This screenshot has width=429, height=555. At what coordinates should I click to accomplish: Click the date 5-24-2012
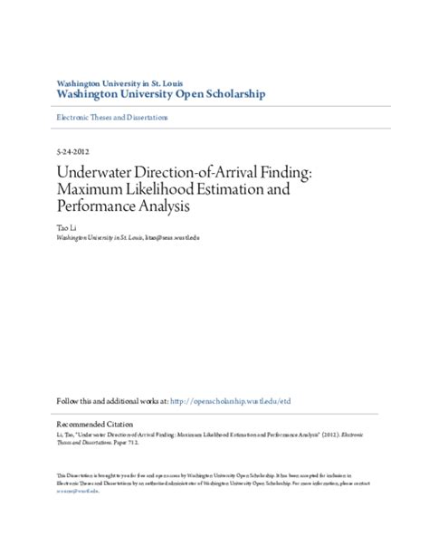coord(71,152)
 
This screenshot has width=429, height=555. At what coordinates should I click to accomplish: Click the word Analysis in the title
coord(168,207)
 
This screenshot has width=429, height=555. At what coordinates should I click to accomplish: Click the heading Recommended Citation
coord(94,423)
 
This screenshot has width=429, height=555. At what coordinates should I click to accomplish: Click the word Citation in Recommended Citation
coord(117,423)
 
